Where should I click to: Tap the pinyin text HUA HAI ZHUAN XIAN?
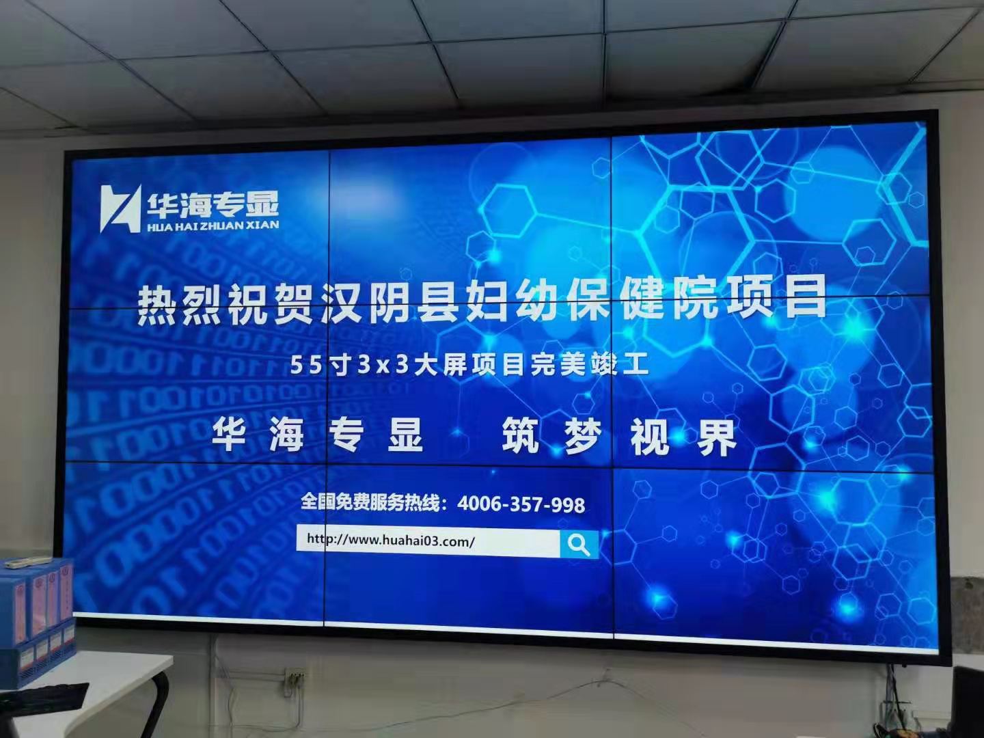(213, 225)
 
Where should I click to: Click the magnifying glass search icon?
(579, 545)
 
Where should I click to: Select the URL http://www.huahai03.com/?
(390, 541)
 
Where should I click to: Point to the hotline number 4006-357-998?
(521, 505)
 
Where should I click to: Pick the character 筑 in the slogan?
(520, 435)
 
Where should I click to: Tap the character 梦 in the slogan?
(583, 436)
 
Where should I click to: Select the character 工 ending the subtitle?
(636, 365)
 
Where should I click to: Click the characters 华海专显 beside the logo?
(213, 204)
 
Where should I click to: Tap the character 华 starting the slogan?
(230, 434)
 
